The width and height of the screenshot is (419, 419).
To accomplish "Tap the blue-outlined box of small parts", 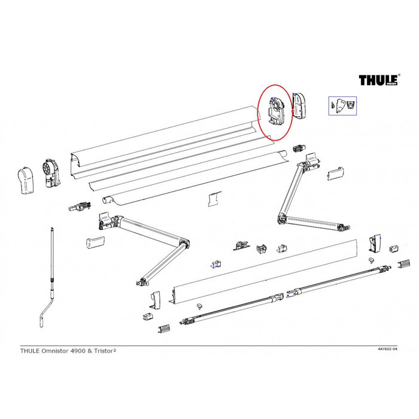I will click(342, 105).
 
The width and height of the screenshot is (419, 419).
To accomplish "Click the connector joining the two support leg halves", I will click(280, 297).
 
